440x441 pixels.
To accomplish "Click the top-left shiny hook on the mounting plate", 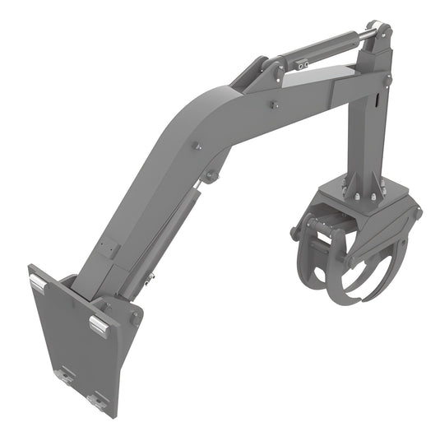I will [38, 283].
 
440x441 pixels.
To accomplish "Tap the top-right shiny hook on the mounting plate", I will [99, 323].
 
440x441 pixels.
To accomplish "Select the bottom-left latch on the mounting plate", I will [63, 377].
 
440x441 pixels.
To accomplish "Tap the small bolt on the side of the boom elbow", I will [197, 146].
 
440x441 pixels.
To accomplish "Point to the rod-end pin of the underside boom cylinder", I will [213, 175].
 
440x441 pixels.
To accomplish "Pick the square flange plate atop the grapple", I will [362, 198].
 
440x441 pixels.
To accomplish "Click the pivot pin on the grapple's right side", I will [418, 212].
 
